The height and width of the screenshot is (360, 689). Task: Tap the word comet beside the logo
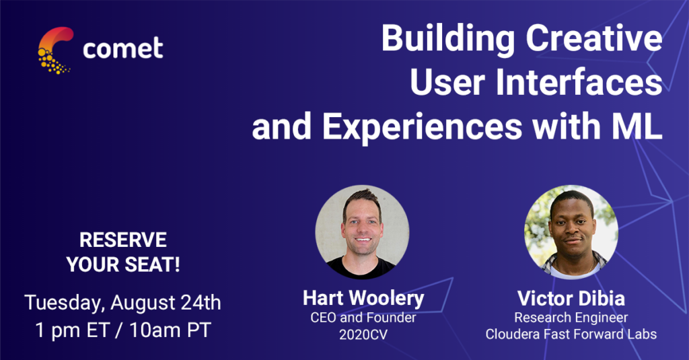[123, 48]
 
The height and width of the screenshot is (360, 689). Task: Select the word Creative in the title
[594, 38]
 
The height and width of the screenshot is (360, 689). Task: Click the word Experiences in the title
[423, 127]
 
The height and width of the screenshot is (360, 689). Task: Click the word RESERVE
[123, 240]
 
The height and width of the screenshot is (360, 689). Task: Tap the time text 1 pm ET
[72, 331]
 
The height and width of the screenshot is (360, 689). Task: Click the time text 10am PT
[170, 330]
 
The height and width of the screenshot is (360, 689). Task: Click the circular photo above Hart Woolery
[362, 231]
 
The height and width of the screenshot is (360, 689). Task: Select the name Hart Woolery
[363, 299]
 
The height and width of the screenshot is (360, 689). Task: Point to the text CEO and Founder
[363, 318]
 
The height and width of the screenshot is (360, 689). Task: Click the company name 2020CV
[363, 334]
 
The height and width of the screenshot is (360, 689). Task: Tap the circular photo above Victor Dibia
[571, 231]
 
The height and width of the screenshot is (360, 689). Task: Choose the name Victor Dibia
[571, 299]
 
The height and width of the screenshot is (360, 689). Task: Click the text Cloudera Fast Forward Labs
[571, 334]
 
